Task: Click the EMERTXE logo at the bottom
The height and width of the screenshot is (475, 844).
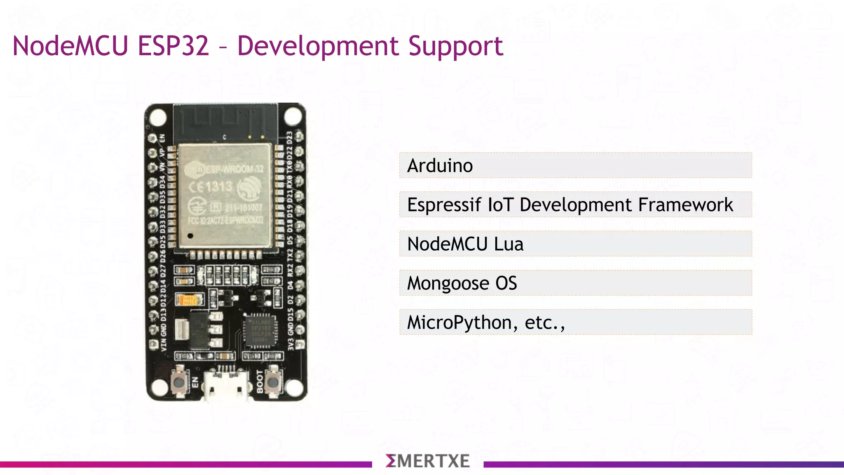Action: [x=427, y=461]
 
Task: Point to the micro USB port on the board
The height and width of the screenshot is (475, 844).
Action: [x=226, y=386]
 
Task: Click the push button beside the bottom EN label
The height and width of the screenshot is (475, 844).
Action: [x=179, y=382]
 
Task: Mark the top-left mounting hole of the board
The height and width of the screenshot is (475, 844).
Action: [x=158, y=117]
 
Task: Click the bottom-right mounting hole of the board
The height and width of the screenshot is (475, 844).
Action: [x=293, y=388]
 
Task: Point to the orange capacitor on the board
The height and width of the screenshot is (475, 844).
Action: [x=189, y=299]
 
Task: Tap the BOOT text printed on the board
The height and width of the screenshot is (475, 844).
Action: [x=260, y=381]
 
